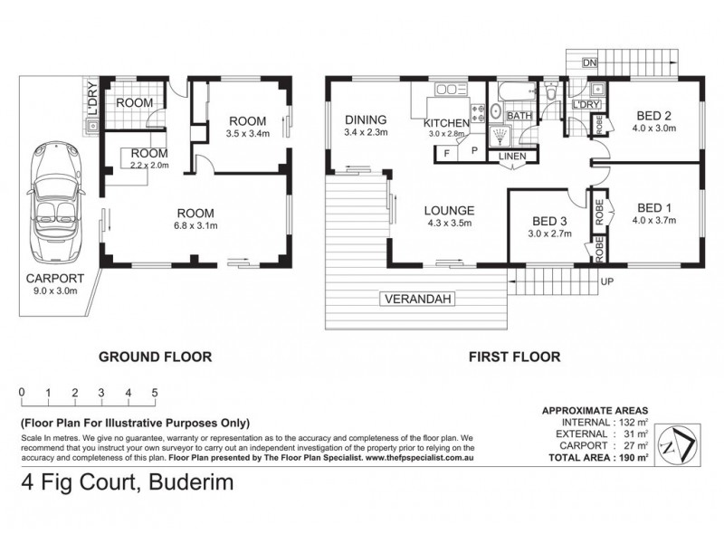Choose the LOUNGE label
[x=450, y=211]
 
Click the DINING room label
[x=366, y=119]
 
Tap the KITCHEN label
[x=446, y=123]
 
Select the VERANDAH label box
[x=416, y=299]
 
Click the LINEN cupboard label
[x=510, y=157]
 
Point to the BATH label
[x=519, y=116]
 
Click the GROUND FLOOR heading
[x=155, y=357]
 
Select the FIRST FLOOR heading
[x=513, y=357]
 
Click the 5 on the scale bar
[x=156, y=392]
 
